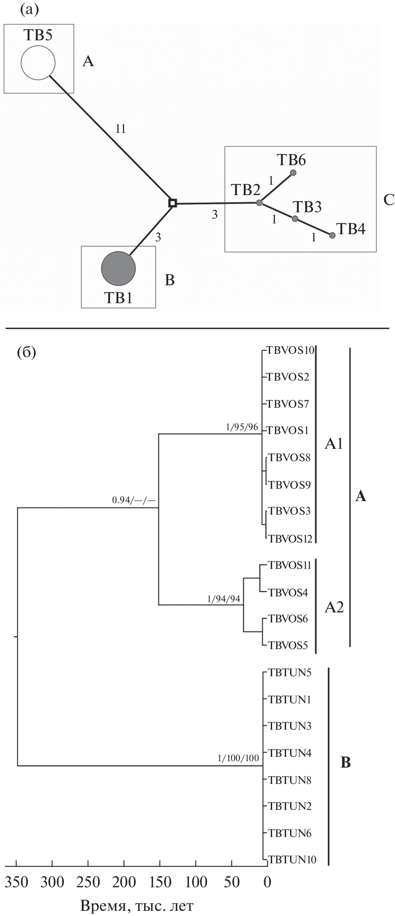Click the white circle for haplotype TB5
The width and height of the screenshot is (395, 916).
pyautogui.click(x=38, y=63)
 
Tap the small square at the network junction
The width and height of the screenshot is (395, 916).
pyautogui.click(x=172, y=203)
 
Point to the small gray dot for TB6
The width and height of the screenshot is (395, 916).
pyautogui.click(x=293, y=173)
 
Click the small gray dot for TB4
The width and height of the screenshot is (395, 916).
pyautogui.click(x=332, y=235)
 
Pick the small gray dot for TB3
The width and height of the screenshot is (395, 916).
pyautogui.click(x=295, y=219)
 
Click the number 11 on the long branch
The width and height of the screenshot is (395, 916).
pyautogui.click(x=120, y=129)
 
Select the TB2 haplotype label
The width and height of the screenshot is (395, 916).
pyautogui.click(x=247, y=190)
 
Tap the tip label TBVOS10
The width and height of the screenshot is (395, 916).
pyautogui.click(x=291, y=351)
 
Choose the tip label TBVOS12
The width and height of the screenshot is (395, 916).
pyautogui.click(x=290, y=539)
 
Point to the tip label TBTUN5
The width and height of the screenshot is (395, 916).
pyautogui.click(x=289, y=673)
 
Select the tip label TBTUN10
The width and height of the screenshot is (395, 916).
pyautogui.click(x=292, y=859)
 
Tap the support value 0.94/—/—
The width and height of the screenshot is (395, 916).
pyautogui.click(x=133, y=500)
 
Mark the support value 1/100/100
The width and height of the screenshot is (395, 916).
pyautogui.click(x=238, y=758)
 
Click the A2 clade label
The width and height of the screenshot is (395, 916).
pyautogui.click(x=334, y=607)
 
